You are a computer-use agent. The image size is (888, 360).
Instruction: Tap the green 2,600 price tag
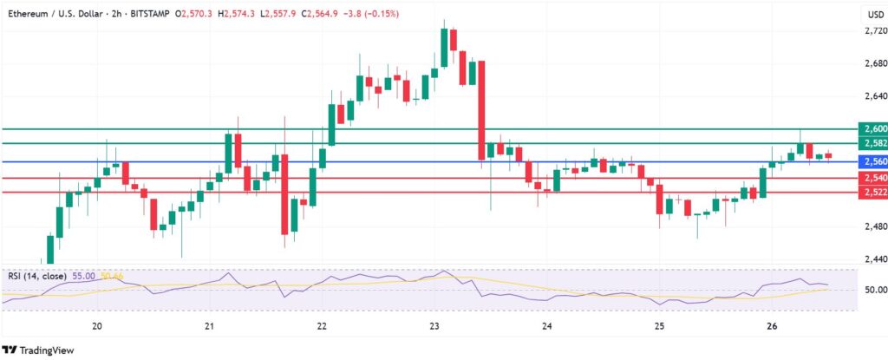(x=869, y=128)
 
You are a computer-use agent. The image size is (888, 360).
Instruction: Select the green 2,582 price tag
(x=869, y=143)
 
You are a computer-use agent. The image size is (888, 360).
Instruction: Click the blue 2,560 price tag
(x=869, y=162)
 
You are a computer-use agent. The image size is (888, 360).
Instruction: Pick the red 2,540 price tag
(x=869, y=178)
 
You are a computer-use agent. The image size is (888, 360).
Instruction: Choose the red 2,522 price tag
(x=869, y=193)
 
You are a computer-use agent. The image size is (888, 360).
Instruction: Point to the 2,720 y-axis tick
(x=869, y=31)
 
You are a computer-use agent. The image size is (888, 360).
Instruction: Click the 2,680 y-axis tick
(x=869, y=64)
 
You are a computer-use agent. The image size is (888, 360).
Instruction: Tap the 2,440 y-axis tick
(x=869, y=259)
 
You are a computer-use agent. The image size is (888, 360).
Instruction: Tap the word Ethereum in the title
(x=29, y=13)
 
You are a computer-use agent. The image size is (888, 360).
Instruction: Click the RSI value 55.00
(x=86, y=276)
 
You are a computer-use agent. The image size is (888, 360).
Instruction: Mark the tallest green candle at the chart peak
(x=444, y=47)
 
